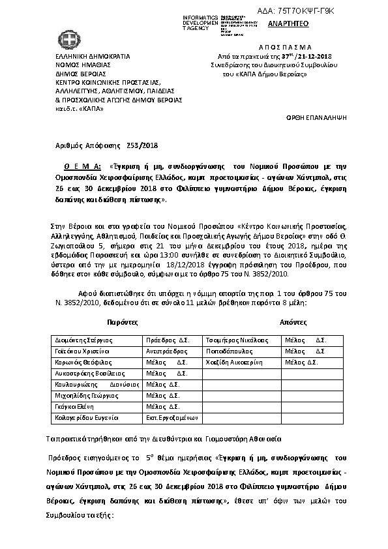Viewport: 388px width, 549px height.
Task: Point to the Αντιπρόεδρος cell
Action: click(168, 351)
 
